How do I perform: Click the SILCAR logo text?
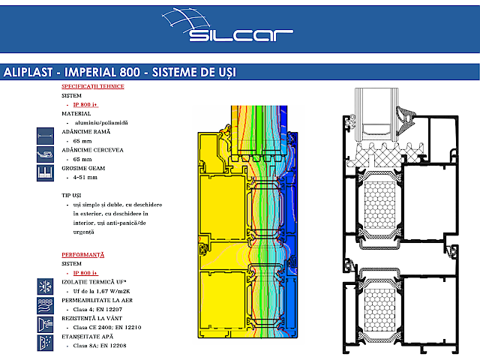(241, 34)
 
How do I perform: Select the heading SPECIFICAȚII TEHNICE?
(92, 86)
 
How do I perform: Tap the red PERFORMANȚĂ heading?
(82, 255)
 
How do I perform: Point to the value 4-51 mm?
(87, 178)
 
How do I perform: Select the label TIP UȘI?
(73, 195)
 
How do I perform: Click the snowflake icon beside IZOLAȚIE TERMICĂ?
(45, 286)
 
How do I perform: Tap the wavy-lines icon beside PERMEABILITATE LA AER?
(45, 304)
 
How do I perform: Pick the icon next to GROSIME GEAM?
(45, 173)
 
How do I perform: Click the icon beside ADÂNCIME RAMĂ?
(45, 136)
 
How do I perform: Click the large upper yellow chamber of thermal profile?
(217, 207)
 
